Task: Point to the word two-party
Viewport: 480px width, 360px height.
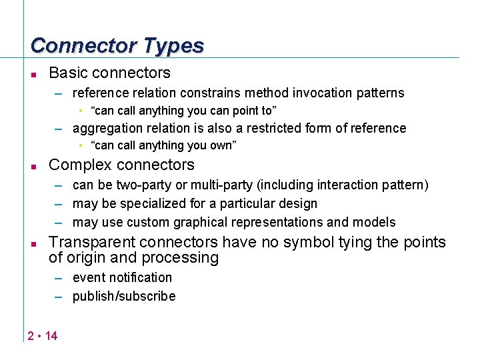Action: click(138, 185)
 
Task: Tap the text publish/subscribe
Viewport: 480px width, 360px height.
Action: click(124, 296)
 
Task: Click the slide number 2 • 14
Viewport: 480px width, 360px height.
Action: click(43, 335)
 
